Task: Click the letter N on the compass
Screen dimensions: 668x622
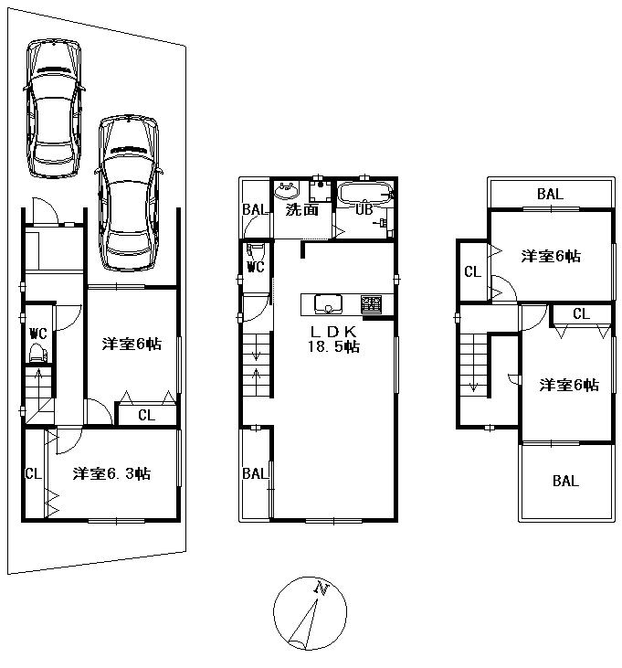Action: tap(320, 588)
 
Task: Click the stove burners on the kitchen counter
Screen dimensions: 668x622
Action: tap(372, 304)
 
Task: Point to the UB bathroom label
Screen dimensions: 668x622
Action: tap(364, 209)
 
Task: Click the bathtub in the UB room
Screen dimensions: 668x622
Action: tap(364, 193)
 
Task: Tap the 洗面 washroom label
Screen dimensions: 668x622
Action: tap(301, 209)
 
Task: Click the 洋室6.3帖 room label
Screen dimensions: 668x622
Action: tap(111, 474)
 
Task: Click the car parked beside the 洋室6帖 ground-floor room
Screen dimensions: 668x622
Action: tap(128, 192)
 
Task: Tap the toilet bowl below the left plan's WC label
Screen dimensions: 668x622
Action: tap(37, 352)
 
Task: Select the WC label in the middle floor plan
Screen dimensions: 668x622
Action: tap(255, 268)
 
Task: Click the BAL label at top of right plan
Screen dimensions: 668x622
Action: tap(550, 194)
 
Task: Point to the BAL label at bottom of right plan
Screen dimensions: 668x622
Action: tap(564, 481)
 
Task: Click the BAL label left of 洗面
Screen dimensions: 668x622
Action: tap(254, 209)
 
